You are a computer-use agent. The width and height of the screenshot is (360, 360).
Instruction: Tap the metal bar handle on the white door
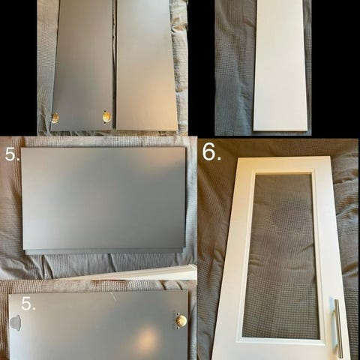point(338,328)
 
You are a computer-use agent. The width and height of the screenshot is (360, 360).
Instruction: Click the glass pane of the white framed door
point(283,255)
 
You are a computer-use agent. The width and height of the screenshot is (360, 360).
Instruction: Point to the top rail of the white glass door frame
point(283,164)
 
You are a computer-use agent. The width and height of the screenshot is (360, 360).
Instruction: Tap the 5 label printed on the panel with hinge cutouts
point(28,304)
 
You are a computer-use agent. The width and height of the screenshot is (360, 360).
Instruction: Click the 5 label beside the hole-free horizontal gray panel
point(12,154)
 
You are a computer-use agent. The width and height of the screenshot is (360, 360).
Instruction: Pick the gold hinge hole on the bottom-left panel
point(181,321)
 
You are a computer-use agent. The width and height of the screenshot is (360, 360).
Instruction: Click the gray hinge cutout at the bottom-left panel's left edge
point(15,322)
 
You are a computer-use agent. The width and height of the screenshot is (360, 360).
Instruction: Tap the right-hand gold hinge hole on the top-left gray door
point(106,117)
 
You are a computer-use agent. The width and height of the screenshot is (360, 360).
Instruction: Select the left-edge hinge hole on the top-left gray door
point(55,118)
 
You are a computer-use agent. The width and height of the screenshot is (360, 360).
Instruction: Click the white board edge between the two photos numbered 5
point(140,273)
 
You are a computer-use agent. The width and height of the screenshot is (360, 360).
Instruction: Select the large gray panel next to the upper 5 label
point(103,200)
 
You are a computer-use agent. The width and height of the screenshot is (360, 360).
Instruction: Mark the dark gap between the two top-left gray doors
point(115,65)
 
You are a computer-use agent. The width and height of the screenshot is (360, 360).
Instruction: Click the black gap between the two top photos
point(201,67)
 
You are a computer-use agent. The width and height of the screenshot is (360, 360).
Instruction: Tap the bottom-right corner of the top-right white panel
point(307,130)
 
